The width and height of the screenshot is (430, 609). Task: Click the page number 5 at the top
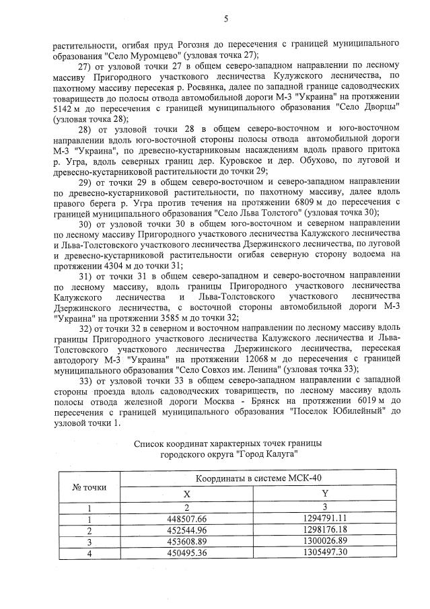(226, 18)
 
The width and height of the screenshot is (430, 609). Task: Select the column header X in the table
(187, 493)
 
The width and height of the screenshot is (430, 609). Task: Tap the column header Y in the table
(325, 493)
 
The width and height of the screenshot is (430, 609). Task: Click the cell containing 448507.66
(187, 519)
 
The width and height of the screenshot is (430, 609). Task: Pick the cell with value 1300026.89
(324, 540)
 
